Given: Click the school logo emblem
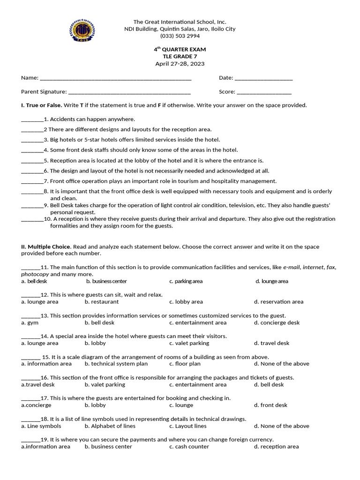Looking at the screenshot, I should (82, 30).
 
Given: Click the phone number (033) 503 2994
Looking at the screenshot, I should (180, 36).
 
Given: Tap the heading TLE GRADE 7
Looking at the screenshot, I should (180, 57).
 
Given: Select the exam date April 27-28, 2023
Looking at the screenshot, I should (180, 64).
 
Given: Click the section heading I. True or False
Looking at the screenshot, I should (42, 105).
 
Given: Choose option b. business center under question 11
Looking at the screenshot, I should (106, 281).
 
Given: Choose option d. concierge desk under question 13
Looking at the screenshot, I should (277, 322).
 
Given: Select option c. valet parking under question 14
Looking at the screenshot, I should (189, 343).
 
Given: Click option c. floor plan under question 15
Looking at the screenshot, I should (185, 364).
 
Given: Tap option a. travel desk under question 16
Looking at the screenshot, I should (38, 384).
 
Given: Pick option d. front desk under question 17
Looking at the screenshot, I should (270, 405).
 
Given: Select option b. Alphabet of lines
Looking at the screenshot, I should (110, 426).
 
